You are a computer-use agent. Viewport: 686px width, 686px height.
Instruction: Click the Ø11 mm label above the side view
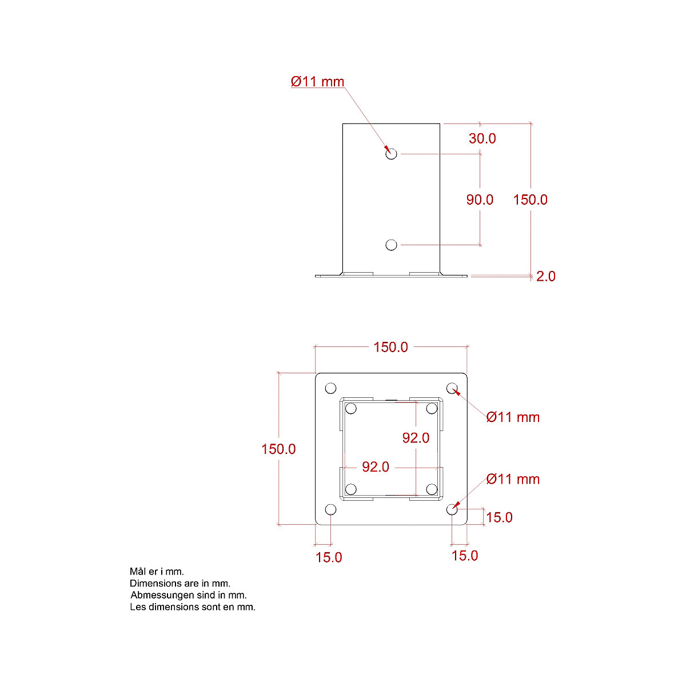point(317,82)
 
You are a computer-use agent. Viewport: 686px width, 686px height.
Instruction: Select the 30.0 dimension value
point(482,138)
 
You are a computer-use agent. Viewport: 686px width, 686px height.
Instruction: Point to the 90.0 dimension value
point(480,200)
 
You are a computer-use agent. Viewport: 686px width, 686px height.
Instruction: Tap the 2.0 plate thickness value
point(545,276)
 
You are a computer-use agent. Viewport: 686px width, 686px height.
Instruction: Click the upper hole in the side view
point(391,154)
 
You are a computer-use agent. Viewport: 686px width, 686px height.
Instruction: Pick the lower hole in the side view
point(391,245)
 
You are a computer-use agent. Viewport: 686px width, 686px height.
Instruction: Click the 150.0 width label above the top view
point(390,347)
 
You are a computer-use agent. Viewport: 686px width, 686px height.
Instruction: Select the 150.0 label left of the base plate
point(278,449)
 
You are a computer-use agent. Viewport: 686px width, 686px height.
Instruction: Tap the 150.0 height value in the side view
point(530,200)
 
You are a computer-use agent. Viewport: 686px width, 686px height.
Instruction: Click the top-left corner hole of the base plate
point(330,389)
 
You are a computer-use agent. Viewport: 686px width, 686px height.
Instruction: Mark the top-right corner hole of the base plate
point(452,389)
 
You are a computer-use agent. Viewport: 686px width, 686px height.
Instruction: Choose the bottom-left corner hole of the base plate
point(330,509)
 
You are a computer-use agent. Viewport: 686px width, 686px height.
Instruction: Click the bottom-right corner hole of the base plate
point(452,509)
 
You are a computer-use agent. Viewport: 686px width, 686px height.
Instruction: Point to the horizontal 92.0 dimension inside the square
point(375,467)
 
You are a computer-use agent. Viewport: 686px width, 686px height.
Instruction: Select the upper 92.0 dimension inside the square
point(416,438)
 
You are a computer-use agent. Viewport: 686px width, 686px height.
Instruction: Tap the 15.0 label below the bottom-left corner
point(329,557)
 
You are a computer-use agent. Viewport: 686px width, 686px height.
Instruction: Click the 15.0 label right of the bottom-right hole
point(499,517)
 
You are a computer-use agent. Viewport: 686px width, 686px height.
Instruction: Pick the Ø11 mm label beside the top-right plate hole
point(513,417)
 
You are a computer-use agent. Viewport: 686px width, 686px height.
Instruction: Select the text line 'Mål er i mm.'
point(157,572)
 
